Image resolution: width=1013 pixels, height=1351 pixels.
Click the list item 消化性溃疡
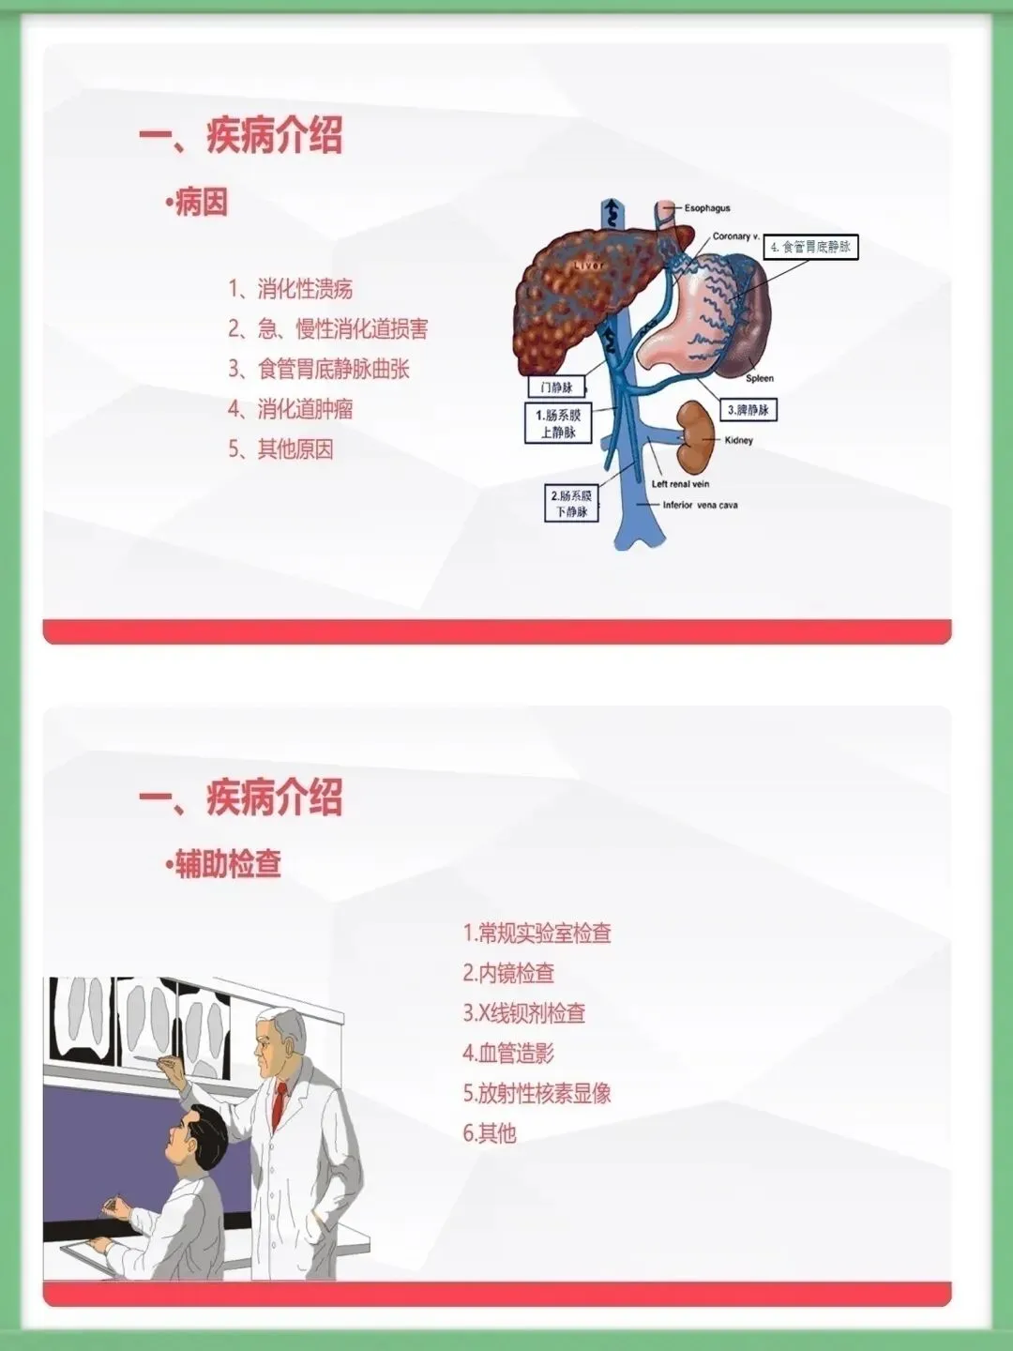click(x=291, y=289)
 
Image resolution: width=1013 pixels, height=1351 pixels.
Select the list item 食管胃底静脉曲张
click(x=319, y=369)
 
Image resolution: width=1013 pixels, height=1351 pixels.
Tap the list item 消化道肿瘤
click(x=291, y=409)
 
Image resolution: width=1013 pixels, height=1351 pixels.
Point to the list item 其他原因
click(x=280, y=449)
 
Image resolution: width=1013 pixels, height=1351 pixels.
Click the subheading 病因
click(x=199, y=203)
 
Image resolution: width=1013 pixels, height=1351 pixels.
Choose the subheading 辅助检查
click(x=225, y=864)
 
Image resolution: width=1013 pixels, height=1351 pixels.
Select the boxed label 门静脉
click(x=556, y=387)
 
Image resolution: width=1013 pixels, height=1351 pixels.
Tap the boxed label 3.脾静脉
click(x=748, y=410)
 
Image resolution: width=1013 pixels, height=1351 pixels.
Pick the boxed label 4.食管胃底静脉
click(x=810, y=247)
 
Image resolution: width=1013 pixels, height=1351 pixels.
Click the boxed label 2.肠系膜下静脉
click(x=571, y=503)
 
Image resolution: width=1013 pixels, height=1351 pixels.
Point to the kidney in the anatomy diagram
click(x=694, y=426)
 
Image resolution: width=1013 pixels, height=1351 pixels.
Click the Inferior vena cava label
click(x=700, y=505)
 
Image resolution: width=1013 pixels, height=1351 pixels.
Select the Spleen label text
click(x=760, y=378)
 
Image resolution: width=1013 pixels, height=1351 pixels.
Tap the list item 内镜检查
click(x=508, y=974)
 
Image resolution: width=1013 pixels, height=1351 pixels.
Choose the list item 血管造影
click(x=508, y=1054)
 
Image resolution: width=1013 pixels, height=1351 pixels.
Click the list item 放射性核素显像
click(x=537, y=1093)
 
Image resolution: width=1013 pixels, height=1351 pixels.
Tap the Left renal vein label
click(x=681, y=484)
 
